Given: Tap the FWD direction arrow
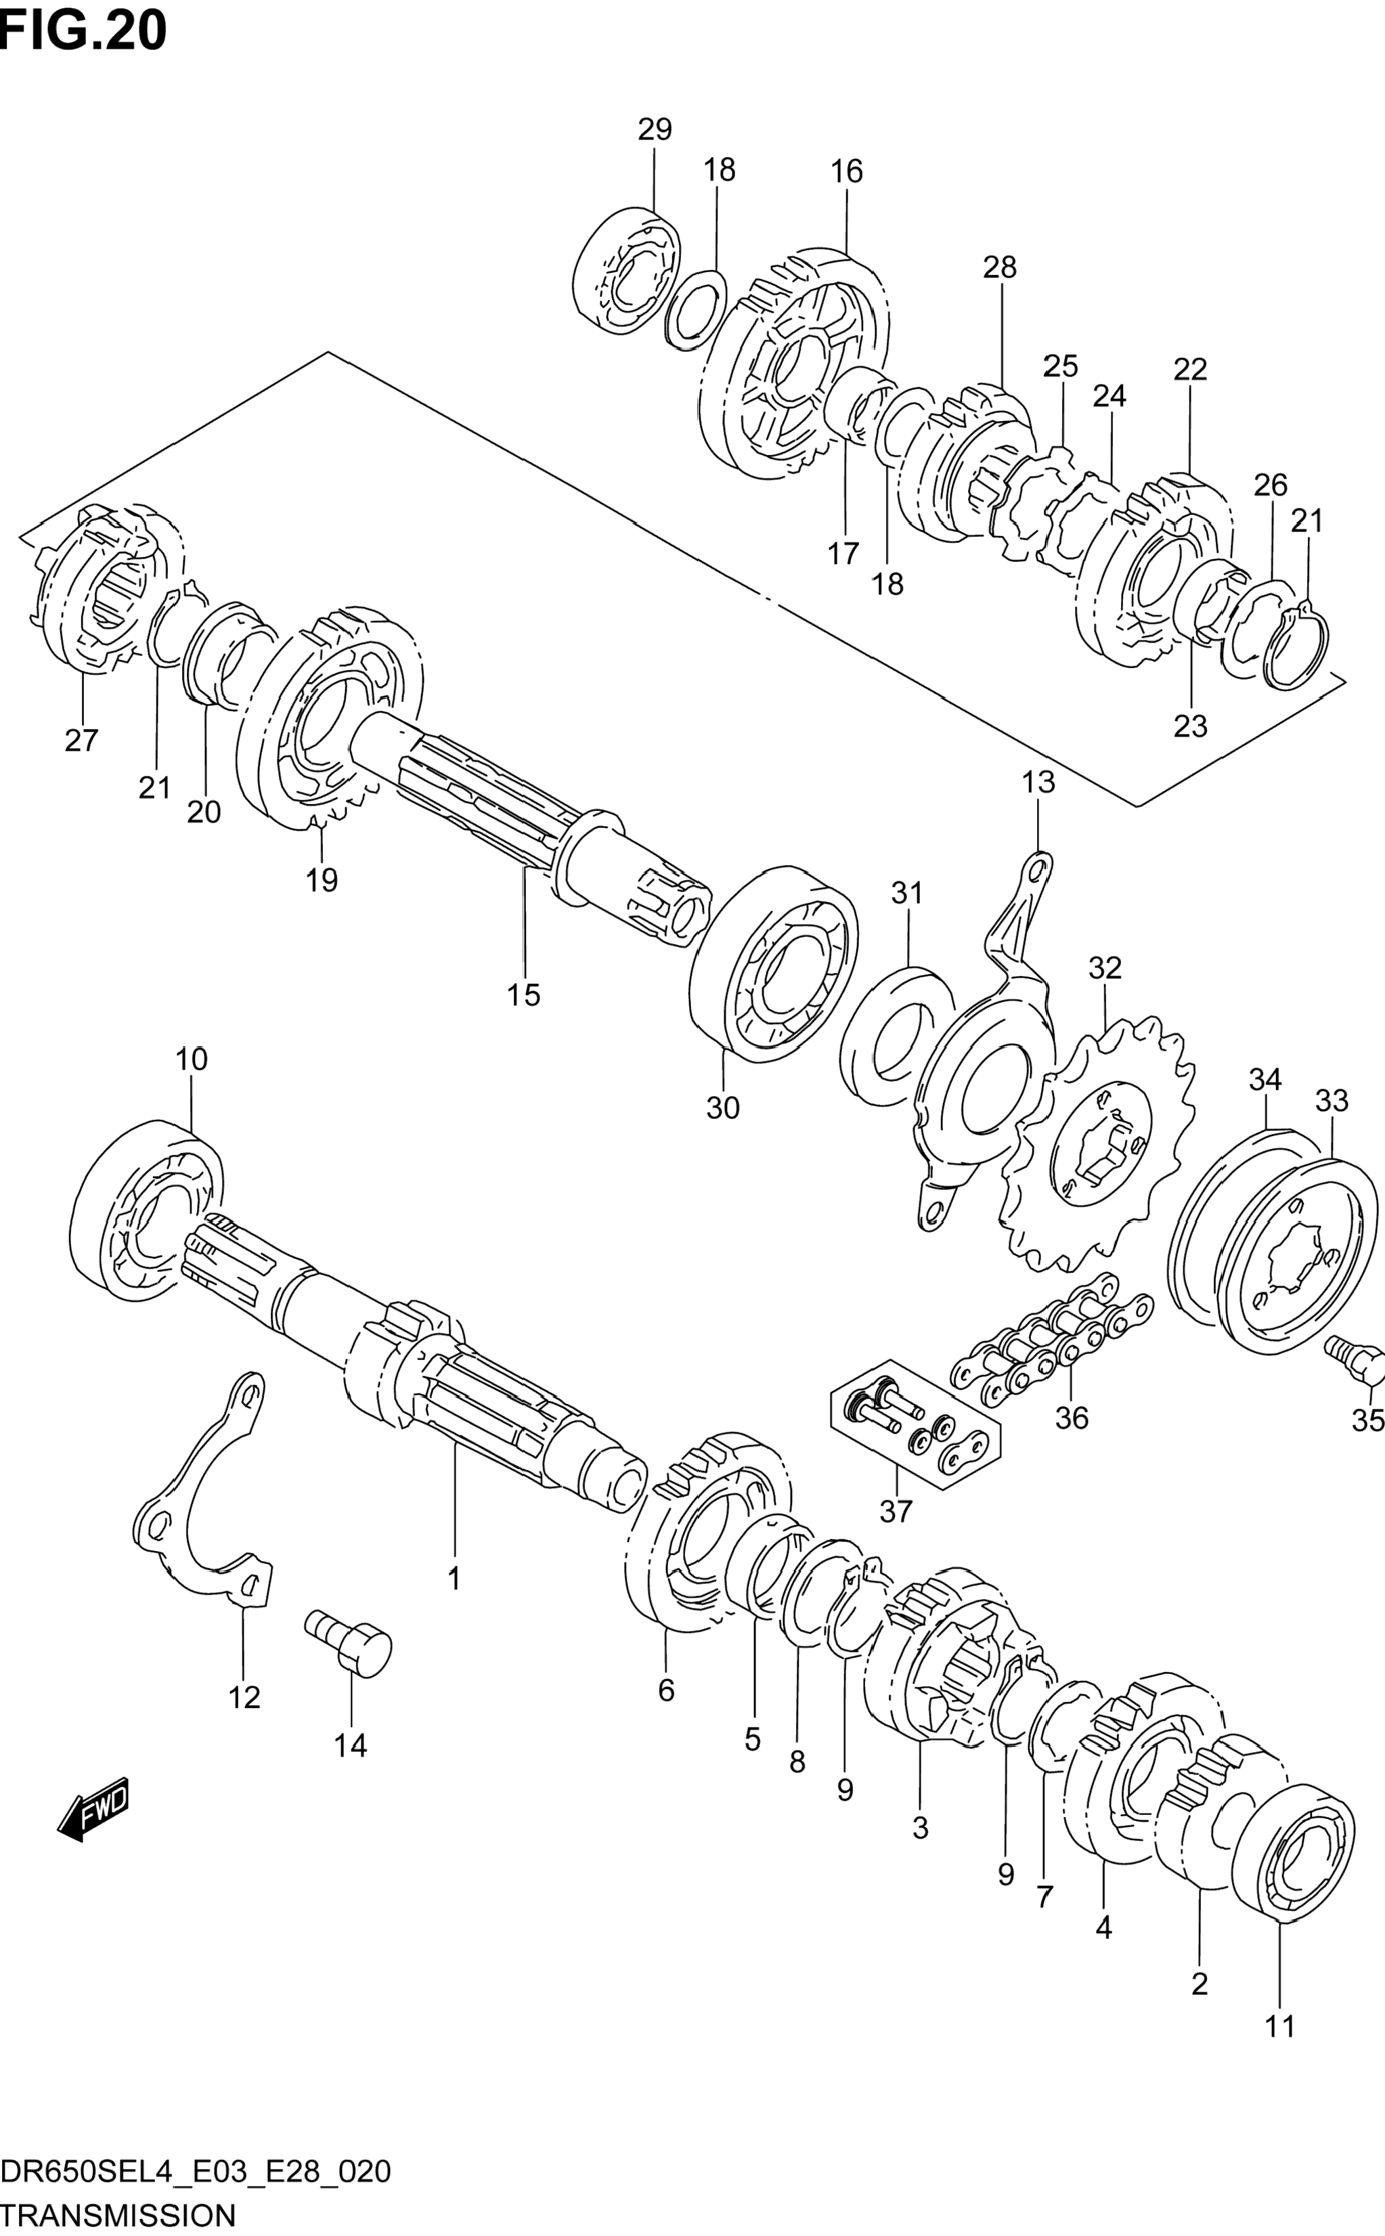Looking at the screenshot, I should click(x=93, y=1808).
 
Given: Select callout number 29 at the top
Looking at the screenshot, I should click(x=655, y=130).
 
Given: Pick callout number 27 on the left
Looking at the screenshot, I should click(x=81, y=740).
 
